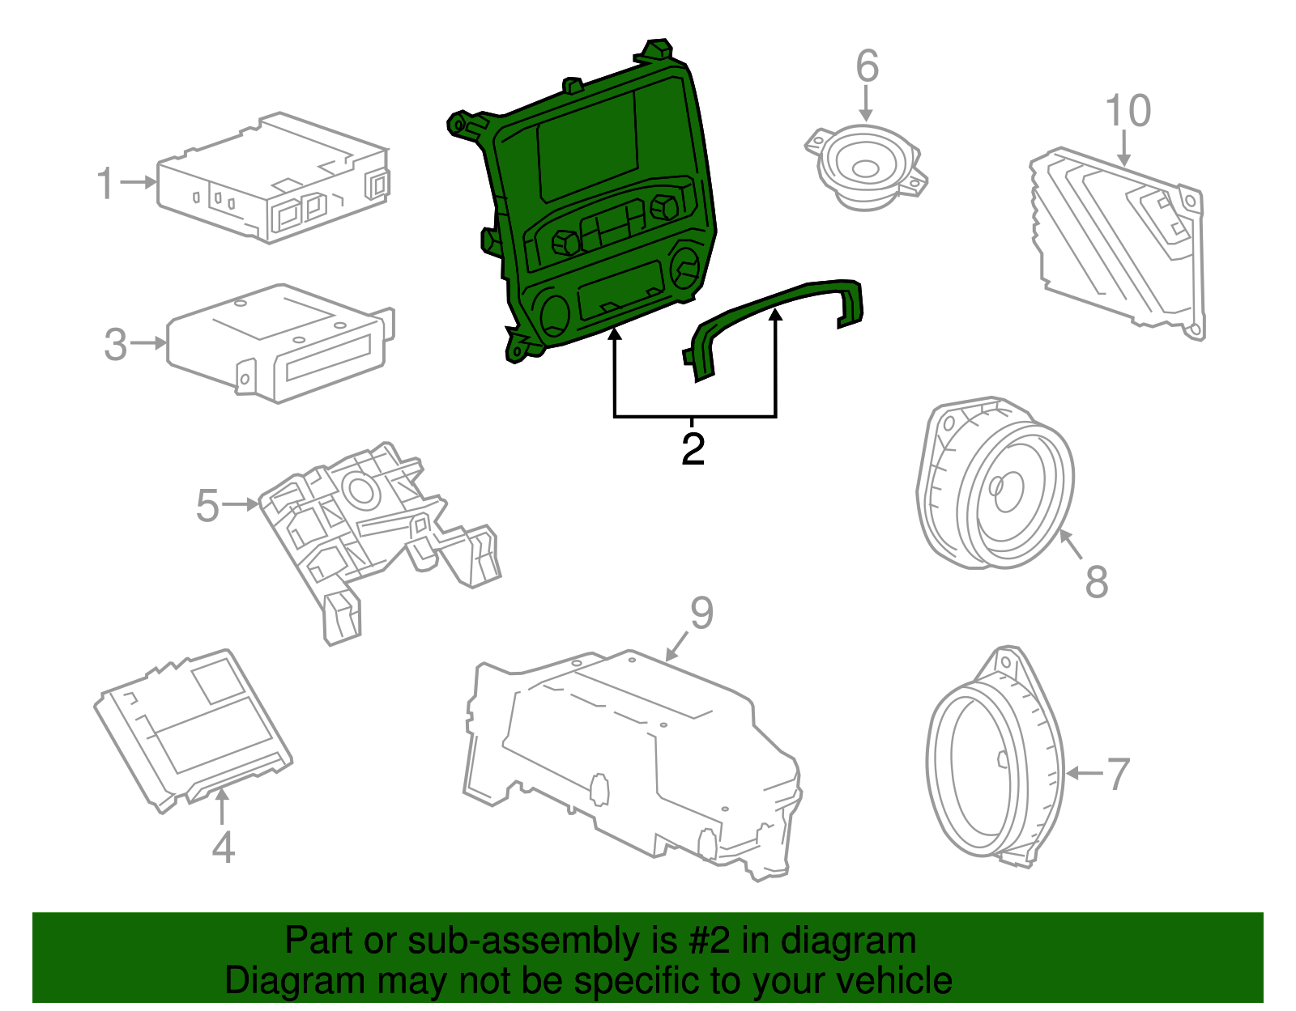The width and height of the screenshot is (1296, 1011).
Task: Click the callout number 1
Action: (x=105, y=184)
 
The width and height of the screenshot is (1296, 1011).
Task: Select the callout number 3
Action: (x=116, y=345)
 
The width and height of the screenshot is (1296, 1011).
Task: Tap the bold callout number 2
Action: (x=693, y=449)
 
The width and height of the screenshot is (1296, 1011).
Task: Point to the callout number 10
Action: (x=1128, y=111)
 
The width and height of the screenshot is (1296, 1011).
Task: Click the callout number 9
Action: (x=701, y=613)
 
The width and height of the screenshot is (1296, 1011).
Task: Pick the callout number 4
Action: (x=223, y=847)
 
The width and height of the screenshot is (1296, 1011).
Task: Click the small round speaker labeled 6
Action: (x=865, y=168)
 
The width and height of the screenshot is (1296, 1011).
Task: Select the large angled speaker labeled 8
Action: (x=996, y=486)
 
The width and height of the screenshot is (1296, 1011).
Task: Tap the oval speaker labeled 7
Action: (x=992, y=765)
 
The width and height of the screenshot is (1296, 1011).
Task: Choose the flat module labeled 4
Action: (x=194, y=729)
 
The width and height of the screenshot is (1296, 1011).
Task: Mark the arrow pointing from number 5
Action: (x=240, y=504)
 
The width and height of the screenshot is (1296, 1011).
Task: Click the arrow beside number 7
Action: (x=1084, y=774)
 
